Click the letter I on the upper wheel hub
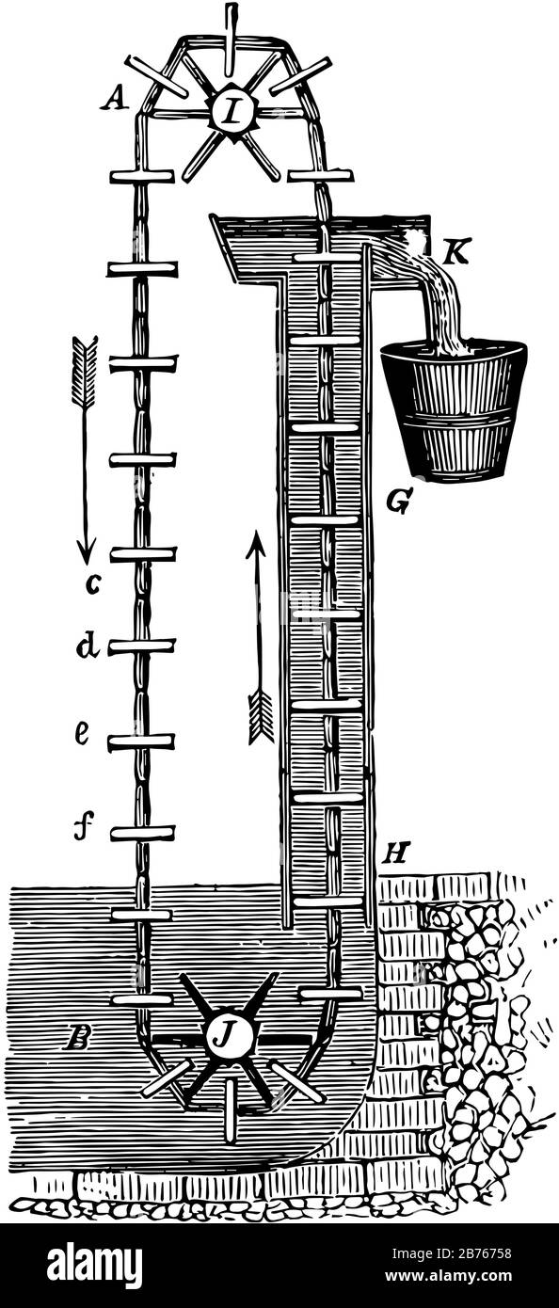[232, 110]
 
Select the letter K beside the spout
[455, 253]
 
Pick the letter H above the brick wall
[395, 854]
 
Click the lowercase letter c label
[92, 583]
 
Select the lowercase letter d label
[88, 646]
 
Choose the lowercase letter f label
[83, 825]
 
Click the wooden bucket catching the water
[454, 408]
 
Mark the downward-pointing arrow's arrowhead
[86, 552]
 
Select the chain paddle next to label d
[143, 646]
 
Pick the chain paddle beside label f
[143, 832]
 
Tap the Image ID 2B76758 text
[452, 1253]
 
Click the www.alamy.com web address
[449, 1276]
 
